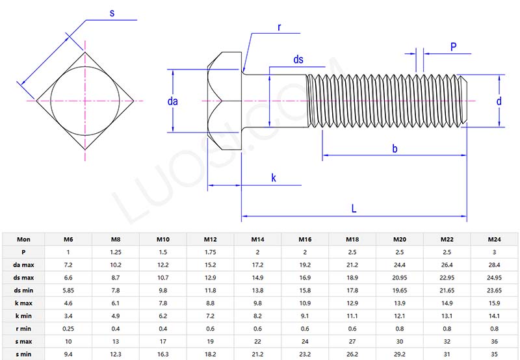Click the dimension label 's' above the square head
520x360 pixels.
tap(112, 13)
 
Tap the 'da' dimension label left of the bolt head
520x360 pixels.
tap(172, 101)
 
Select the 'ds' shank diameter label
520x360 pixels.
tap(298, 60)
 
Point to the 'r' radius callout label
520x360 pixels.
tap(279, 27)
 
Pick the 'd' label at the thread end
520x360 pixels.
tap(499, 101)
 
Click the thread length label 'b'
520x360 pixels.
tap(395, 149)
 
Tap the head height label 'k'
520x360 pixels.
tap(274, 177)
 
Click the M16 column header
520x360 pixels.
tap(305, 239)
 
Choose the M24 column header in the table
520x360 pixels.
tap(495, 239)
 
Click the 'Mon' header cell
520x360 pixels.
tap(23, 239)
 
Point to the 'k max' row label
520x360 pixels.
tap(23, 303)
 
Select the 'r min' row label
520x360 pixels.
tap(23, 328)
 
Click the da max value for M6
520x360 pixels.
tap(68, 264)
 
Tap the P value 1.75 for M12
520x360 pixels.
tap(210, 252)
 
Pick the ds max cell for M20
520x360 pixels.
tap(400, 277)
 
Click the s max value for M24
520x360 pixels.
tap(495, 341)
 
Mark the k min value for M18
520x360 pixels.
tap(352, 316)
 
